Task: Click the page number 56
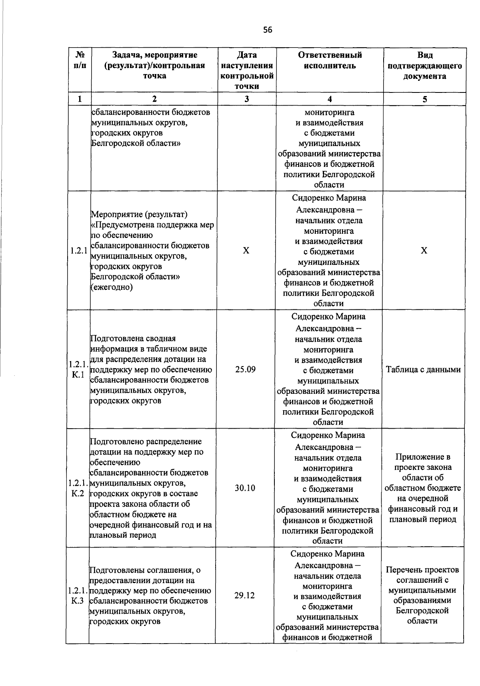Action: pyautogui.click(x=268, y=30)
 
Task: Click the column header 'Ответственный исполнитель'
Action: pyautogui.click(x=330, y=60)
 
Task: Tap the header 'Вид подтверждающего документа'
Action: pyautogui.click(x=425, y=66)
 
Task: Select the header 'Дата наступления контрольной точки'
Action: pyautogui.click(x=247, y=70)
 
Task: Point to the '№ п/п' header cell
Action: pyautogui.click(x=79, y=60)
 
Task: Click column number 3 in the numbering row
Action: pyautogui.click(x=247, y=99)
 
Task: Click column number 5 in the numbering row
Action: pyautogui.click(x=425, y=99)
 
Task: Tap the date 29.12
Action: pyautogui.click(x=244, y=596)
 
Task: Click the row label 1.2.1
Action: pyautogui.click(x=78, y=251)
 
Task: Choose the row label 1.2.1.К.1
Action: pyautogui.click(x=78, y=370)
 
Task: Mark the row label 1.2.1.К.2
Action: pyautogui.click(x=78, y=488)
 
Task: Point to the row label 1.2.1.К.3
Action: pyautogui.click(x=77, y=596)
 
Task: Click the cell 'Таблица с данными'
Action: pyautogui.click(x=423, y=370)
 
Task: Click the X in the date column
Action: pyautogui.click(x=246, y=251)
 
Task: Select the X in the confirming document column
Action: pyautogui.click(x=424, y=251)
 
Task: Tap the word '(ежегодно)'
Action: pyautogui.click(x=112, y=287)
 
